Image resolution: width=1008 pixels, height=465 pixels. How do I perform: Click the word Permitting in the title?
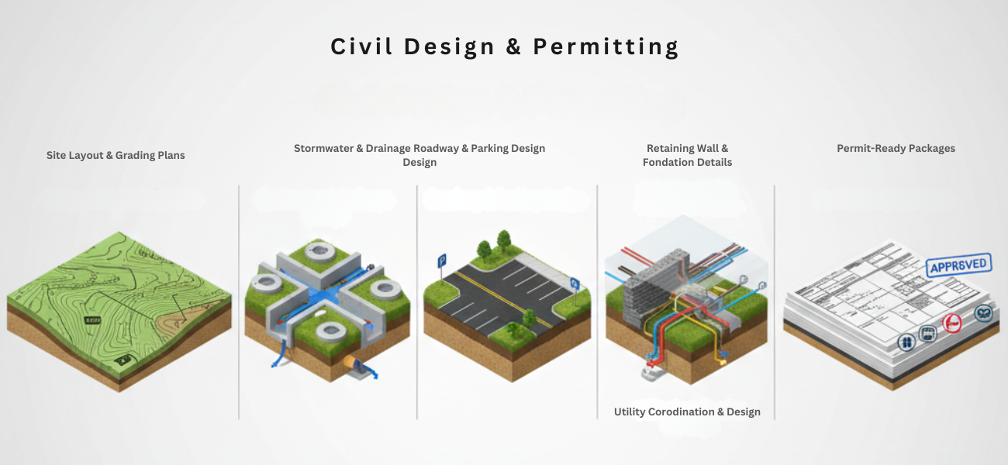[x=606, y=47]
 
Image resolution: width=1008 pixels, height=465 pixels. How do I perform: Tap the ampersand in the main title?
[x=514, y=47]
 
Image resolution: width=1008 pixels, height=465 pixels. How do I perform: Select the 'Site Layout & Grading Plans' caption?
[x=116, y=155]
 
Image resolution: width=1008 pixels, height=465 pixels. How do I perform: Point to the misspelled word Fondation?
[x=668, y=162]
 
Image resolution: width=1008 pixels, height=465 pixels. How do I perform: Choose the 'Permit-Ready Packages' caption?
[x=896, y=148]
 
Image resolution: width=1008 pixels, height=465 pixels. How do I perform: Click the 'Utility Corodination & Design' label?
[x=687, y=412]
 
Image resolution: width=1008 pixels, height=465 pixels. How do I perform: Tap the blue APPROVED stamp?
[x=959, y=266]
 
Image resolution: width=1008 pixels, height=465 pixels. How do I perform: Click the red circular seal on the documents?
[x=951, y=323]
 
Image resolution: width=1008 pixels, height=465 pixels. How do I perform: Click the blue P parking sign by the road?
[x=442, y=260]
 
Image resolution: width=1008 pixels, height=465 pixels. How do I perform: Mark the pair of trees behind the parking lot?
[x=493, y=244]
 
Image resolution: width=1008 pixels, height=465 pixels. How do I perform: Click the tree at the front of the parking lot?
[x=529, y=319]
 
